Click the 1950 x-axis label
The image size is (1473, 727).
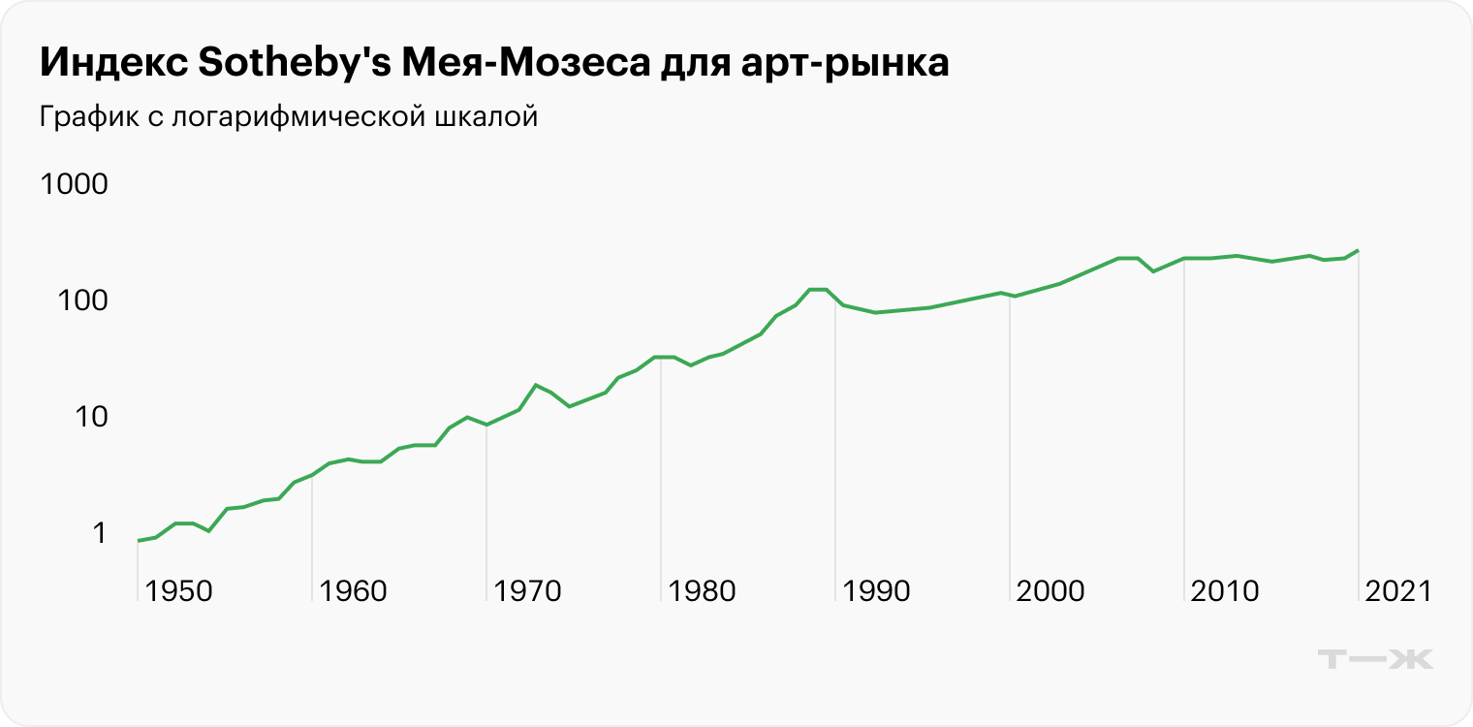coord(179,591)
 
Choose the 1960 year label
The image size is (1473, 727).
coord(354,591)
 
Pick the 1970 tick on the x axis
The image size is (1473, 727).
coord(528,591)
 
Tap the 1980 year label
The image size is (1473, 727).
coord(703,591)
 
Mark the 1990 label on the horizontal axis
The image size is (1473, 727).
coord(877,591)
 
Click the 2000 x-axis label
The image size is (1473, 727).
coord(1051,591)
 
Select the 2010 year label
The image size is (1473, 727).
coord(1226,591)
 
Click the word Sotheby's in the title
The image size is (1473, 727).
coord(292,64)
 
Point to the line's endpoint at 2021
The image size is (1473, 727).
coord(1358,250)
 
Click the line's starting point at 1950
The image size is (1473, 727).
coord(139,541)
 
